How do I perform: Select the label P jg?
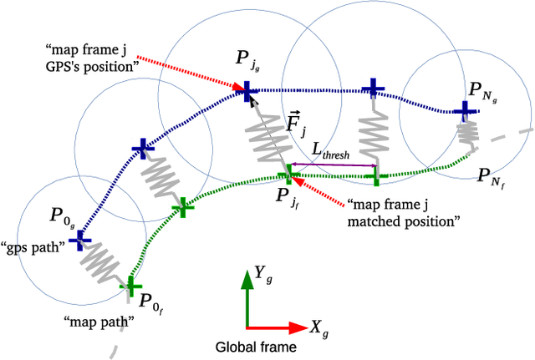(247, 59)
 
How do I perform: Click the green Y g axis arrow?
(247, 297)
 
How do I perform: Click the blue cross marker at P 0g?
(80, 241)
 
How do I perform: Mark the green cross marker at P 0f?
(130, 288)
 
